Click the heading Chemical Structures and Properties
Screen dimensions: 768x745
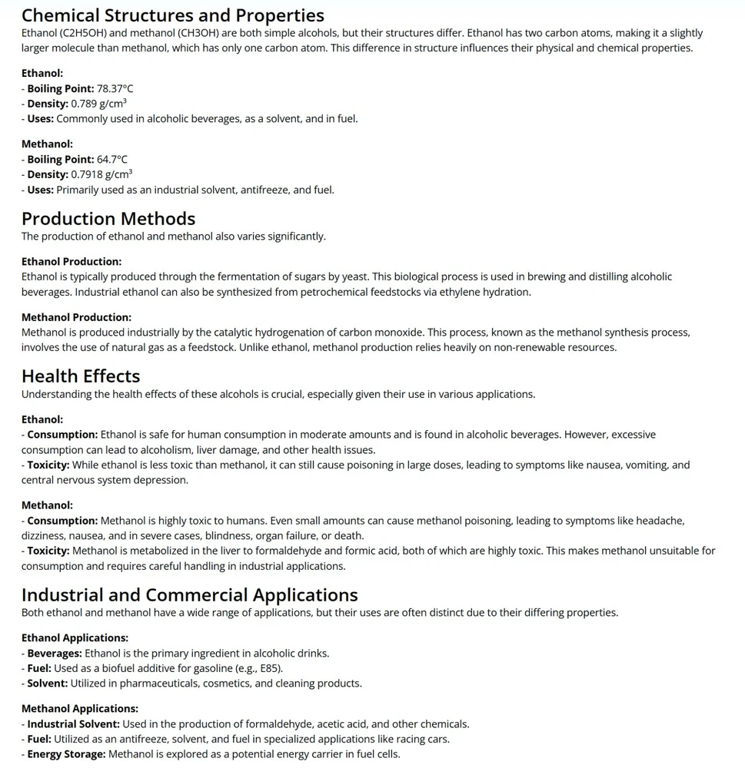coord(172,15)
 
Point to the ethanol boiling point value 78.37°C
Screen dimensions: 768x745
coord(115,88)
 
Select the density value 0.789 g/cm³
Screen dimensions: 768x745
coord(98,104)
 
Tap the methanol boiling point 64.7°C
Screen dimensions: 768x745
coord(111,160)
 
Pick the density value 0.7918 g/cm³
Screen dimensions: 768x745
coord(101,174)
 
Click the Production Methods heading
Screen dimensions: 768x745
coord(108,218)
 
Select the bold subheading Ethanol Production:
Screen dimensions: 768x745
coord(72,261)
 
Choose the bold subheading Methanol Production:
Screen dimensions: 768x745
coord(76,317)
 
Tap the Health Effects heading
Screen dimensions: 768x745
coord(81,376)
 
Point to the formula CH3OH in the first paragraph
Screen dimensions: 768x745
coord(221,33)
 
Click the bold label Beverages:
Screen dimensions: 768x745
coord(54,654)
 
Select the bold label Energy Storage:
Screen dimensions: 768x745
coord(66,754)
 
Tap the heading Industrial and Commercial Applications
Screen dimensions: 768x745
coord(189,594)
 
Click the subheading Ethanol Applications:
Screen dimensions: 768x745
coord(75,638)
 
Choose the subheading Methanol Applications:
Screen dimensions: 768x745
coord(79,709)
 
